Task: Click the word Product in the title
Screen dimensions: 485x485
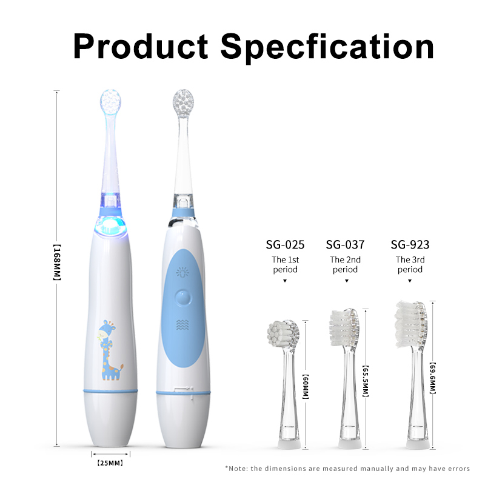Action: [x=141, y=46]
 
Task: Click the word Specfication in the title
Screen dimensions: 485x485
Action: [x=327, y=47]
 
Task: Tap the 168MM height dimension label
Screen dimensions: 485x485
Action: [x=57, y=263]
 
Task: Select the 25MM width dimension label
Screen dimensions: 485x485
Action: [x=110, y=463]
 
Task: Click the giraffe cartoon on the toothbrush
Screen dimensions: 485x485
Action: [x=110, y=350]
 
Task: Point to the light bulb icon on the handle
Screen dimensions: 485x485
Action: [x=182, y=272]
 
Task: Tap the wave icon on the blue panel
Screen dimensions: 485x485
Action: [x=182, y=324]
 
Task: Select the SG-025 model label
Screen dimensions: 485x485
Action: [x=285, y=245]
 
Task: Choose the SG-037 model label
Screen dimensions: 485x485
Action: [x=345, y=245]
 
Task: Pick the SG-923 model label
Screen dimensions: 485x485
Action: [x=410, y=245]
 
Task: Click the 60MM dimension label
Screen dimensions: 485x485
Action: [x=306, y=387]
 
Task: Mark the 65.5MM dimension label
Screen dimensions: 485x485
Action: [x=366, y=381]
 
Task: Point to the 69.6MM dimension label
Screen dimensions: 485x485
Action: [x=433, y=378]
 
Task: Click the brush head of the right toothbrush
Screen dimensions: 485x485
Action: [x=183, y=104]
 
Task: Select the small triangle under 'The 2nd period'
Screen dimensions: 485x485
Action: [x=347, y=281]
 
